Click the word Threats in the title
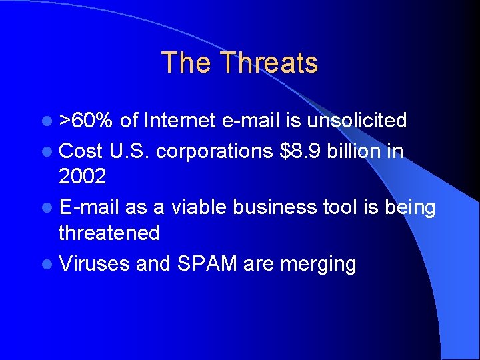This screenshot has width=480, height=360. [269, 63]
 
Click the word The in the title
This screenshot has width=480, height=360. [187, 63]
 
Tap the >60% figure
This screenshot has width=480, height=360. [86, 121]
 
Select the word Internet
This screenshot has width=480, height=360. [179, 121]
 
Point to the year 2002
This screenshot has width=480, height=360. [81, 177]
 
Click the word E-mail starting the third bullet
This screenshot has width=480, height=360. [89, 207]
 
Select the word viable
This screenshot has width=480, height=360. [199, 207]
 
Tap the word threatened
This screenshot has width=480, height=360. [109, 233]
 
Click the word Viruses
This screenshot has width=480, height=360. [94, 264]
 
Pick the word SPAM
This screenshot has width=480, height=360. [207, 264]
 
